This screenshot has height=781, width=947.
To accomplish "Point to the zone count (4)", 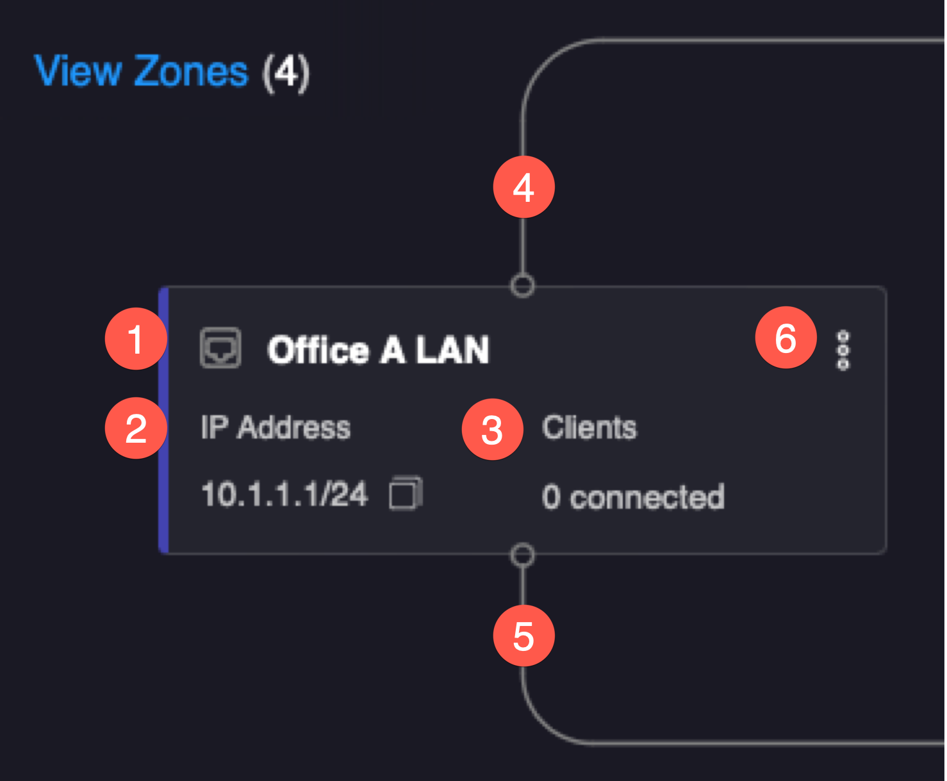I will tap(286, 72).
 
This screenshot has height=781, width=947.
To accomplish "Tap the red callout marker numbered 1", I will tap(135, 339).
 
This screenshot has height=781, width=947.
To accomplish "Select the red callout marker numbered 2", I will tap(135, 428).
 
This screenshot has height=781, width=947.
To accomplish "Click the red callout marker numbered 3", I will tap(492, 429).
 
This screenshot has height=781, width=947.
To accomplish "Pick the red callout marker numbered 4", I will tap(523, 187).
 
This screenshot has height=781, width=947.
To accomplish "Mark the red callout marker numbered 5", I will tap(523, 636).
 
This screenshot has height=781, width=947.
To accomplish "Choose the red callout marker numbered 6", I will tap(786, 338).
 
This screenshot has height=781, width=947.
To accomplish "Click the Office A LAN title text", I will tap(378, 350).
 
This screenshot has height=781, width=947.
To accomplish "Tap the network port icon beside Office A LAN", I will tap(220, 348).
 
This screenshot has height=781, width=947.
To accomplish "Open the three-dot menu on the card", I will tap(843, 350).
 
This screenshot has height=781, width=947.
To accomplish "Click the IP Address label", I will tap(276, 427).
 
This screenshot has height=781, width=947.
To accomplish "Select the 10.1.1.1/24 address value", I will tap(284, 495).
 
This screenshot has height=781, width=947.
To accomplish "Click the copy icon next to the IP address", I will tap(406, 493).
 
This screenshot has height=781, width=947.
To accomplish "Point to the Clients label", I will tap(589, 427).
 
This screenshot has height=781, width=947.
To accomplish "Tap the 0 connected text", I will tap(633, 497).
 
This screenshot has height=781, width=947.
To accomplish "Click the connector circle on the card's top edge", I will tap(523, 285).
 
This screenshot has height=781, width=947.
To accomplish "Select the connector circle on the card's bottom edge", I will tap(523, 555).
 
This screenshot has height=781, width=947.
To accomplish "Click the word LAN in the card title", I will tap(452, 350).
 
